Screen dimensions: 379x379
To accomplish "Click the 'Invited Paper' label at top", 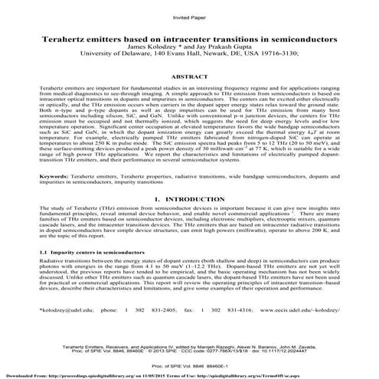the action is (189, 16).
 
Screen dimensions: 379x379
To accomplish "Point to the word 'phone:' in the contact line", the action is (112, 333).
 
